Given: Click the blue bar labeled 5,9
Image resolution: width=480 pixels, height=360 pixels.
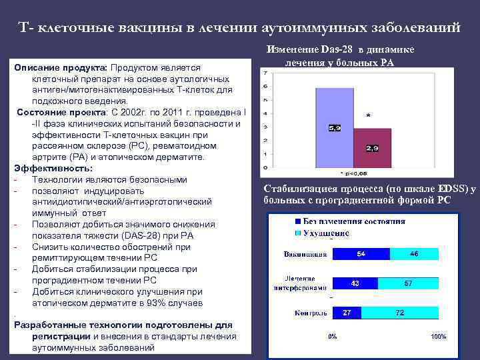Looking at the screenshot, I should click(x=333, y=127).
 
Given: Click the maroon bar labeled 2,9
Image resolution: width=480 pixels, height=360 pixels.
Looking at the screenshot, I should click(x=372, y=147).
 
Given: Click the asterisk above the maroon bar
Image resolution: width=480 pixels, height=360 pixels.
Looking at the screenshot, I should click(x=369, y=115).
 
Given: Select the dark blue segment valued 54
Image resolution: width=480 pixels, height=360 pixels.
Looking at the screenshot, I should click(x=361, y=254).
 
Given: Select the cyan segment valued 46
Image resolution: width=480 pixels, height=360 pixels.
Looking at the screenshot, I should click(x=414, y=254).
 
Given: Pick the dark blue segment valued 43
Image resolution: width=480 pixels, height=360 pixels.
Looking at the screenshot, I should click(x=355, y=283).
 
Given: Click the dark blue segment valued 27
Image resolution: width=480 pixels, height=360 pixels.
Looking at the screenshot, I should click(x=347, y=313).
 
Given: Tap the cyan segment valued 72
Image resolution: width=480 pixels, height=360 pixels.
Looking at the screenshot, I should click(x=400, y=313).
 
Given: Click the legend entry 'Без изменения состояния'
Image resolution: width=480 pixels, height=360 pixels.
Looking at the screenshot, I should click(x=354, y=221).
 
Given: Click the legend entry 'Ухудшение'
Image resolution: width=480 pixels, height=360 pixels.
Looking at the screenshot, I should click(x=326, y=233).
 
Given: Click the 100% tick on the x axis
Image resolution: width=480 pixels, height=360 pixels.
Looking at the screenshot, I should click(x=438, y=337).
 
